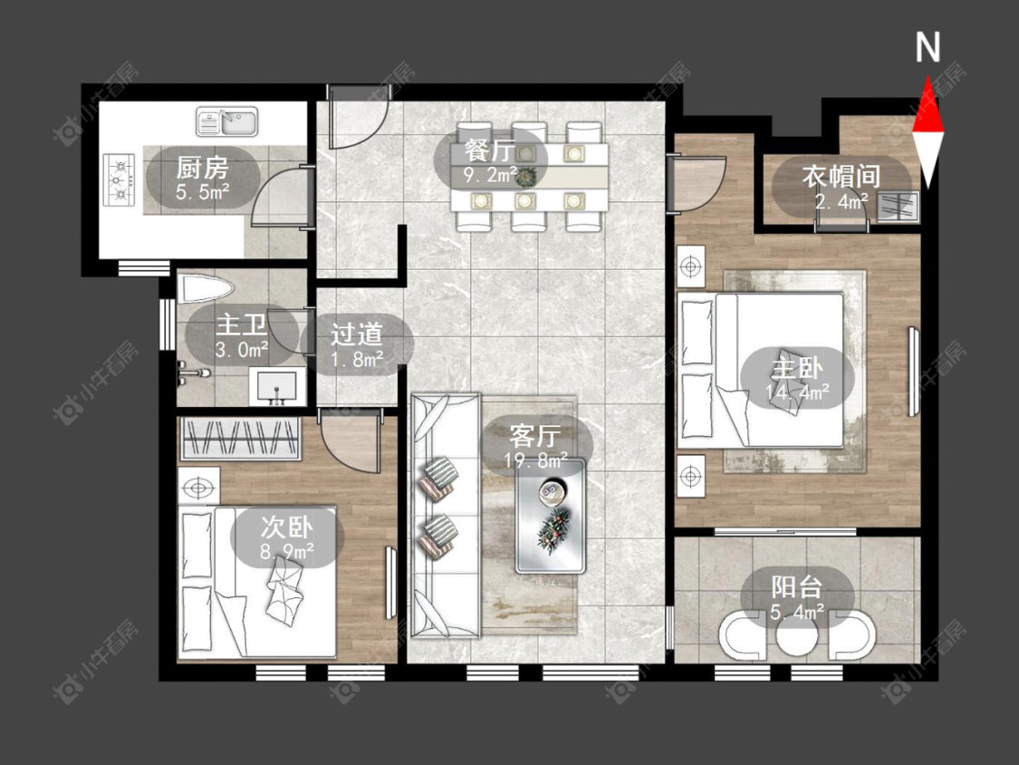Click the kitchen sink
[x=226, y=122]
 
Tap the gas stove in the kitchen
[x=119, y=179]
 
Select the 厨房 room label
[x=202, y=168]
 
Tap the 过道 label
[x=356, y=334]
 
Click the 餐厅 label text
[x=491, y=151]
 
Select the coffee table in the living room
[x=551, y=516]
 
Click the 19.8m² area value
[x=536, y=460]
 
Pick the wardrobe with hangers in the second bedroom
[x=240, y=439]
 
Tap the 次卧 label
[x=286, y=527]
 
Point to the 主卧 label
[x=797, y=369]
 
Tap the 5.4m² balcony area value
[x=797, y=612]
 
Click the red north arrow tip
[x=928, y=77]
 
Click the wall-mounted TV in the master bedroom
[x=914, y=371]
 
